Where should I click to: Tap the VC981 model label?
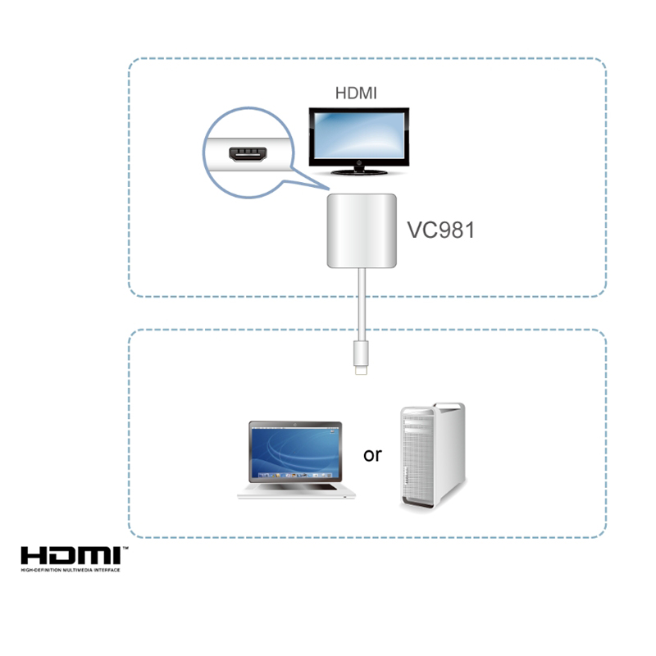pyautogui.click(x=441, y=230)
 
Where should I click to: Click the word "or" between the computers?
pyautogui.click(x=372, y=453)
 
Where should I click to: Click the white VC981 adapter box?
pyautogui.click(x=362, y=231)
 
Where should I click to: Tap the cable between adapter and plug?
pyautogui.click(x=362, y=303)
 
